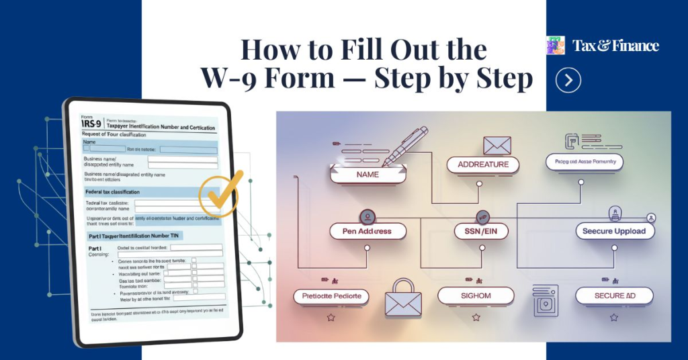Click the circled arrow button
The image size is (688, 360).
[568, 81]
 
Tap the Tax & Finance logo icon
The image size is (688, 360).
[556, 46]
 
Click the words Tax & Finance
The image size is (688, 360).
[615, 46]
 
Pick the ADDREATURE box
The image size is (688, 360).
[483, 165]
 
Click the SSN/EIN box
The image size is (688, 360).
[482, 231]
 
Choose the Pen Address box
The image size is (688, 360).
[366, 231]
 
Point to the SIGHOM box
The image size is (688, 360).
[475, 296]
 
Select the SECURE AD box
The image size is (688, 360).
[615, 296]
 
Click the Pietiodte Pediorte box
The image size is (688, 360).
[332, 296]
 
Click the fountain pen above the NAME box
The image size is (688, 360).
[406, 144]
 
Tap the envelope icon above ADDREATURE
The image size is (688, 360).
[497, 144]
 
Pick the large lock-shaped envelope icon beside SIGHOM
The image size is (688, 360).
[402, 297]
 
